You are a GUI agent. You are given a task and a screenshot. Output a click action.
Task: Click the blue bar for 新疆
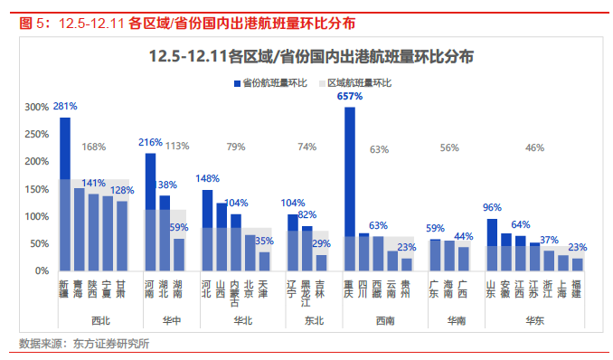(x=65, y=194)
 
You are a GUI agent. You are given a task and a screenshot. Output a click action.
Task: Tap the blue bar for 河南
(x=150, y=212)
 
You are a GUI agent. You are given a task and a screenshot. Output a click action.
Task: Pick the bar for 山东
(x=492, y=244)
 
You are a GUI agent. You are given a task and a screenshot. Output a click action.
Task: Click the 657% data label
(x=350, y=96)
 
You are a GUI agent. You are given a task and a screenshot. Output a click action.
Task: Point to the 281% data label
(x=65, y=106)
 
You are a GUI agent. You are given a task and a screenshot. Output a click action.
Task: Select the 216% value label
(x=150, y=142)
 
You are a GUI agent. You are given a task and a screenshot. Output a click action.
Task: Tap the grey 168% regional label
(x=95, y=147)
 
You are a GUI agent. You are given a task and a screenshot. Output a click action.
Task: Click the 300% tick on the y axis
(x=36, y=108)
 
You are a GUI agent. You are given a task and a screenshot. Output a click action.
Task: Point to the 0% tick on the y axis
(x=42, y=270)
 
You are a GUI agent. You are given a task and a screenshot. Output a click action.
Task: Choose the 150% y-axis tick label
(x=36, y=189)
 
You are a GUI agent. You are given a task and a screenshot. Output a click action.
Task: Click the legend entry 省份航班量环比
(x=274, y=83)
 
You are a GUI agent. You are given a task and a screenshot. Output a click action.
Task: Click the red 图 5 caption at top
(x=34, y=22)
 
